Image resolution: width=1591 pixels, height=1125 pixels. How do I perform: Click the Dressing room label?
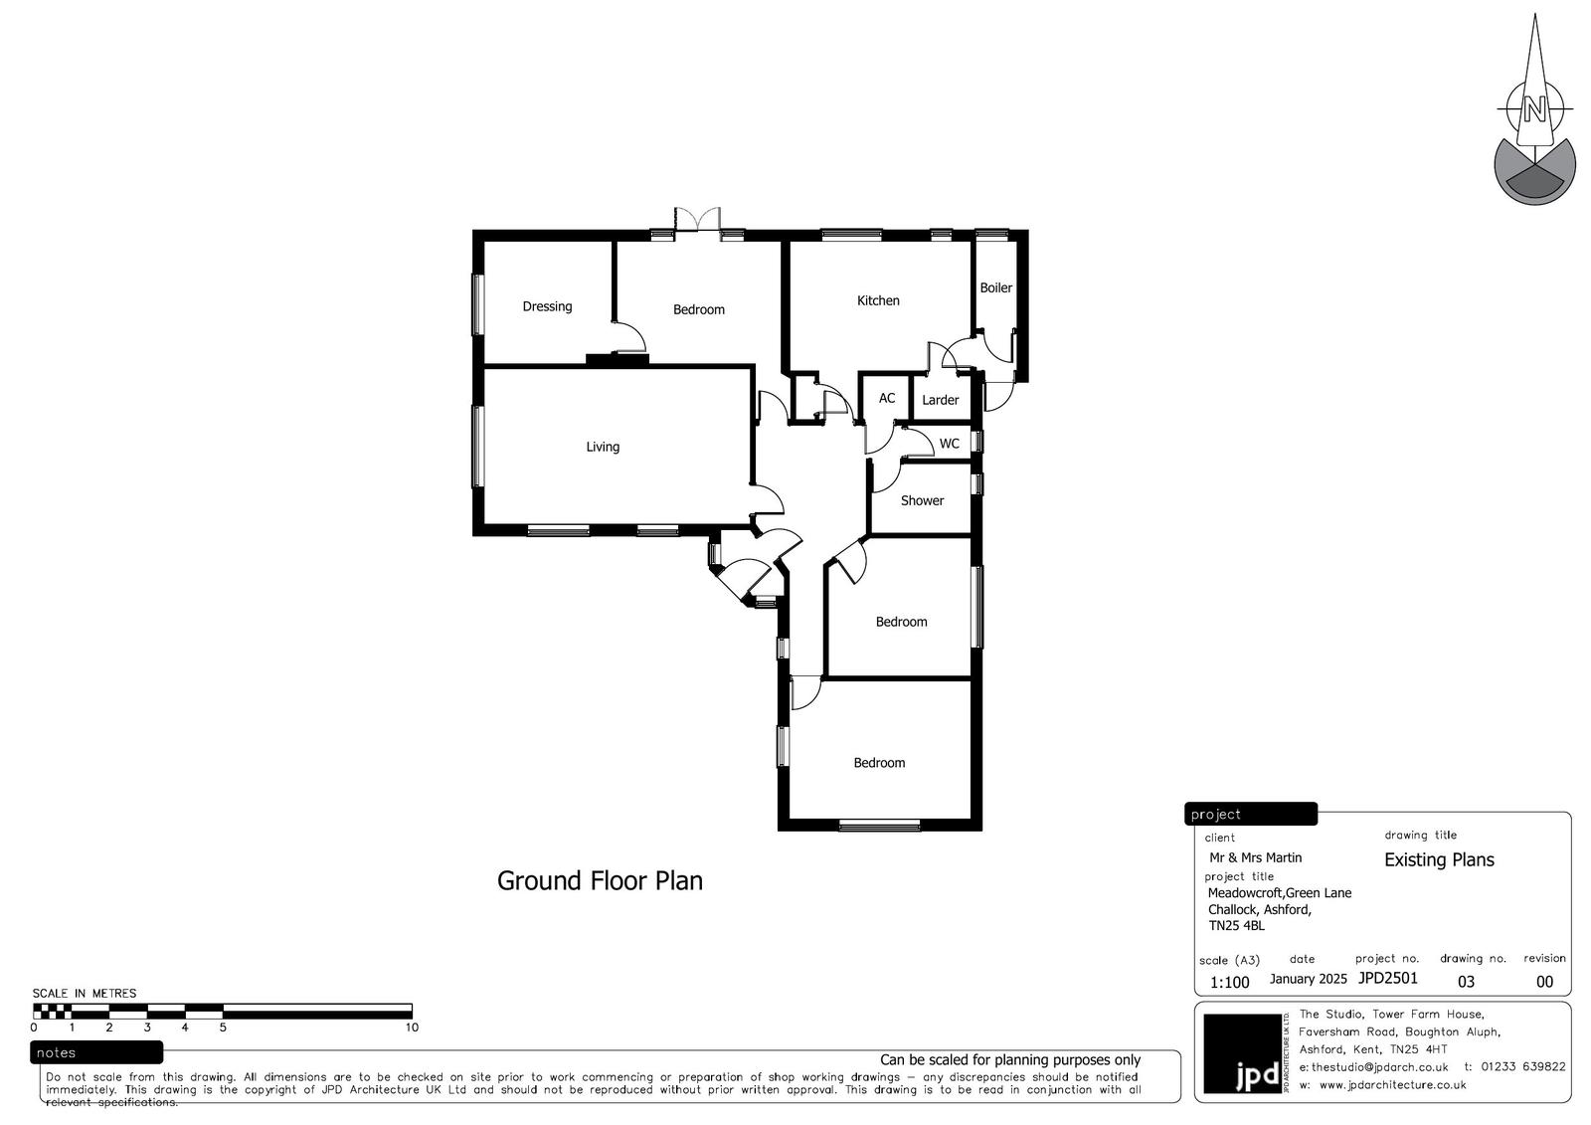point(547,306)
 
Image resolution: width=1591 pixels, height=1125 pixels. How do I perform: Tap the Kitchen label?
point(878,300)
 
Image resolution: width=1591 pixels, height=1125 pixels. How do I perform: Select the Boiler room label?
point(995,287)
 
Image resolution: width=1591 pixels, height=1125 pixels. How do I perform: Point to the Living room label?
point(603,447)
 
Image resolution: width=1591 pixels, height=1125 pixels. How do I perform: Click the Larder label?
point(941,400)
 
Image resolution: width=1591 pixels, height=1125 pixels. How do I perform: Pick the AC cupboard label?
point(886,398)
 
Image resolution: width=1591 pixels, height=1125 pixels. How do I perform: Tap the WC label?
point(949,445)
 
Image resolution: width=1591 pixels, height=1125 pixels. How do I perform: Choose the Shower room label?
point(922,501)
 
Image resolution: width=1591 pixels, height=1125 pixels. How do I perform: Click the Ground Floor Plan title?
point(600,881)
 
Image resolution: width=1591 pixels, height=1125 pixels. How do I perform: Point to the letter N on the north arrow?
point(1534,110)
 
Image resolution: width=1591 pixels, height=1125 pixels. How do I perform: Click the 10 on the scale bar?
point(412,1028)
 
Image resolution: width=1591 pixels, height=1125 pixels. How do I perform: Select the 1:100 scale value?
point(1229,983)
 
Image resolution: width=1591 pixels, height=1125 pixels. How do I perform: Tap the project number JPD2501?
point(1388,978)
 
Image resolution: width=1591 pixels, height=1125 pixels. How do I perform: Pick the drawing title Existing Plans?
point(1439,860)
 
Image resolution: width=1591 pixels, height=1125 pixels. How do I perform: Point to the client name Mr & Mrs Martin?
point(1255,857)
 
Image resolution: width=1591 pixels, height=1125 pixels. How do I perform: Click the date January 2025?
point(1309,980)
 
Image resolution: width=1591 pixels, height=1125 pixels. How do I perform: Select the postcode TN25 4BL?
point(1237,926)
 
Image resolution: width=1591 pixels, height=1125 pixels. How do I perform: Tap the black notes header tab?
point(96,1052)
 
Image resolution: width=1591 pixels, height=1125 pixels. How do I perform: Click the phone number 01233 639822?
point(1523,1067)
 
